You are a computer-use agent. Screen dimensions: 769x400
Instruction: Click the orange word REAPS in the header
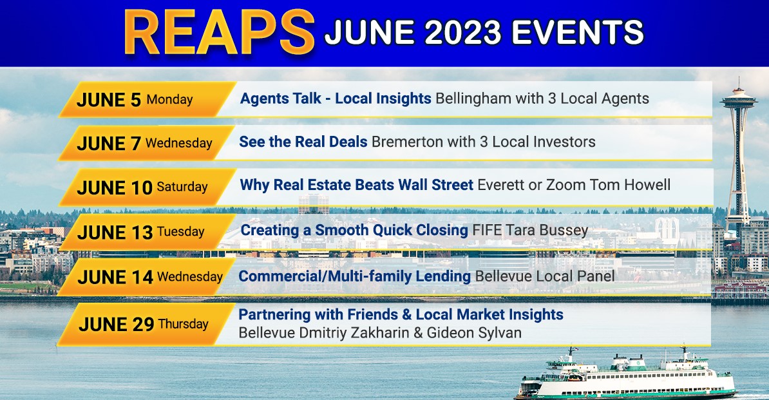(219, 32)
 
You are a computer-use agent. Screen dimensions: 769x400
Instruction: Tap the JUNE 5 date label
(109, 100)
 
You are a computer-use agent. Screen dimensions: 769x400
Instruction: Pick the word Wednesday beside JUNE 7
(179, 143)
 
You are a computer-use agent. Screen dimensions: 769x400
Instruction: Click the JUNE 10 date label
(115, 187)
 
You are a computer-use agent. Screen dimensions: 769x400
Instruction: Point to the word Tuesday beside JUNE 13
(180, 231)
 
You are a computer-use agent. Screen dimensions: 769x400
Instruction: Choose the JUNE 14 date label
(115, 278)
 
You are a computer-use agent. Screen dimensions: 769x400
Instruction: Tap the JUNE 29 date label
(116, 325)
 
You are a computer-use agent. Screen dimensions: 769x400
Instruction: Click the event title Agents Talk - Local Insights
(336, 99)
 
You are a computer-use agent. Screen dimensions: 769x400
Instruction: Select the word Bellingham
(473, 99)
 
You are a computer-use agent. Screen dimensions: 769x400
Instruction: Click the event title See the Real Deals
(303, 142)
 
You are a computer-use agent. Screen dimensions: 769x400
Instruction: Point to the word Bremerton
(409, 142)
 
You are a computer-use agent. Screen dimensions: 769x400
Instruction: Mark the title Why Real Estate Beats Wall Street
(357, 185)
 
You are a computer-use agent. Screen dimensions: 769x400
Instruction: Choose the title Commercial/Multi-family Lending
(355, 276)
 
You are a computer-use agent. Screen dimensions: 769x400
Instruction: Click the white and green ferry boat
(626, 375)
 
